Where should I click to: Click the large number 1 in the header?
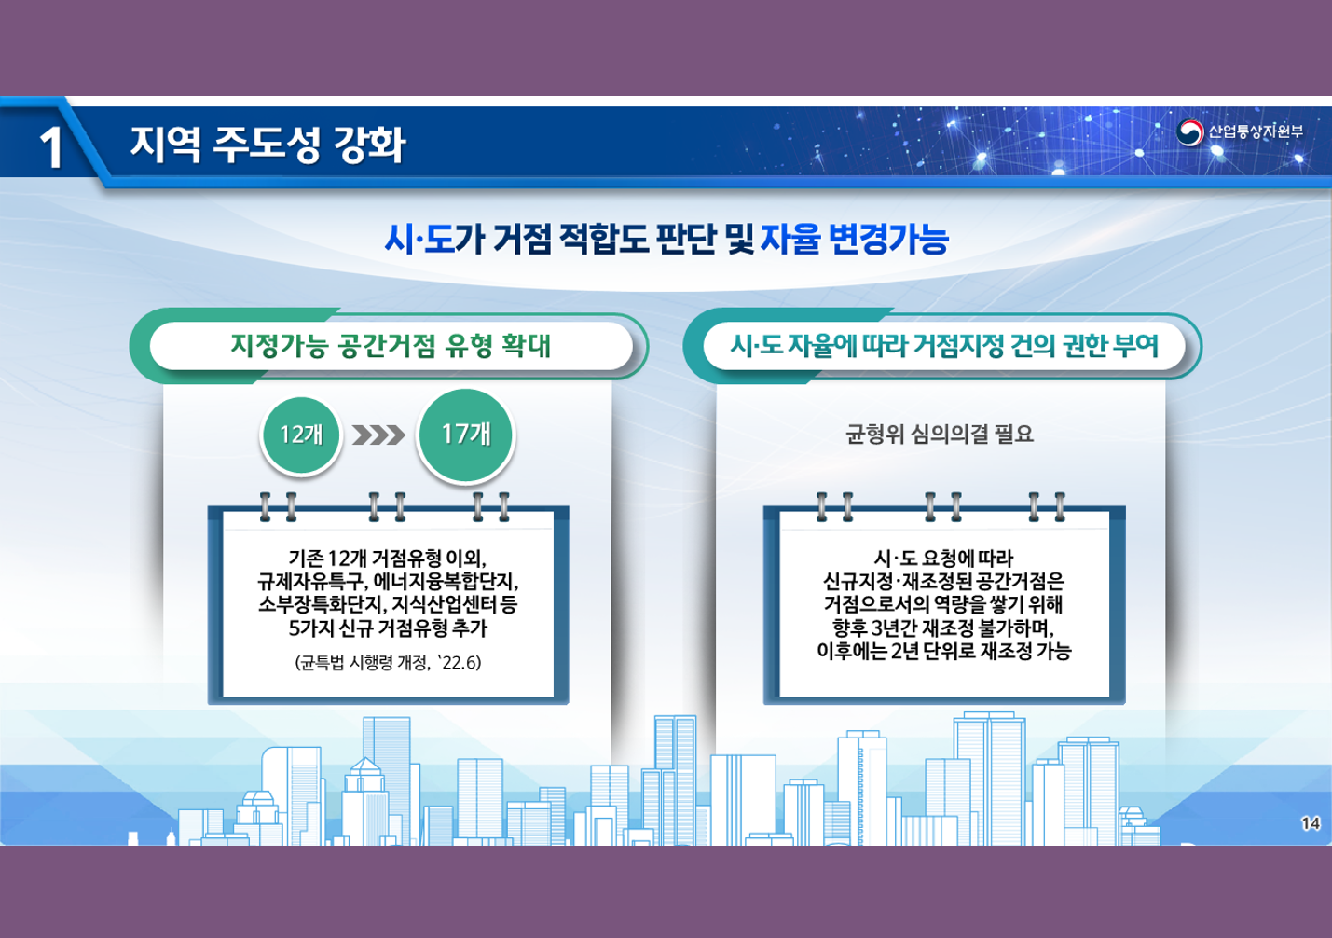[51, 147]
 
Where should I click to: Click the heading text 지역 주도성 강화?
[268, 145]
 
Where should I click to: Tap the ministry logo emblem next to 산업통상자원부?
[1190, 132]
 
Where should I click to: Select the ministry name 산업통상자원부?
[1256, 131]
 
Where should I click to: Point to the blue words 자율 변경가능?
[855, 239]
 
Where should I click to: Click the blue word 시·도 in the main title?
[419, 239]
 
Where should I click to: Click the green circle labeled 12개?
[301, 435]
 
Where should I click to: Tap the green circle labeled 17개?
[466, 435]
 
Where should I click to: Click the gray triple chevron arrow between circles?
[378, 435]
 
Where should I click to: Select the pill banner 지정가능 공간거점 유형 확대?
[391, 346]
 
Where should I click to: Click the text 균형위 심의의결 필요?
[940, 435]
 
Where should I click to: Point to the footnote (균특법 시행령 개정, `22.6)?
[389, 663]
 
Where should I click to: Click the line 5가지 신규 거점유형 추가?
[388, 628]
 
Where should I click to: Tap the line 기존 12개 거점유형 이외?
[388, 558]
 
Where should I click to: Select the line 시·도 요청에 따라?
[943, 558]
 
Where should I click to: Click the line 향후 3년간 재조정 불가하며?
[943, 628]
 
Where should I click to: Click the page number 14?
[1311, 823]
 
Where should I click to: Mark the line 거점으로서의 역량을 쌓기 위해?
[943, 604]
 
